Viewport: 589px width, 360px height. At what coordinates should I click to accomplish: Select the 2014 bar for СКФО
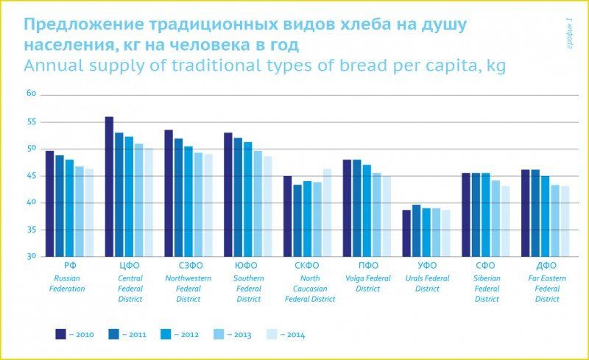[x=327, y=213]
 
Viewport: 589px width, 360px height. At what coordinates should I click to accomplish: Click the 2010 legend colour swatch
[x=61, y=334]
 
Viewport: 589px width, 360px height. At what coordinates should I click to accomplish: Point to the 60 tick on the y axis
[x=32, y=94]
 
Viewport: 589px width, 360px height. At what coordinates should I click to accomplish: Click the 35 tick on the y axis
[x=32, y=230]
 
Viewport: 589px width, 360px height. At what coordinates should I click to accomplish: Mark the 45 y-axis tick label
[x=32, y=176]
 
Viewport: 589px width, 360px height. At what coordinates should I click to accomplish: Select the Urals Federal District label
[x=427, y=283]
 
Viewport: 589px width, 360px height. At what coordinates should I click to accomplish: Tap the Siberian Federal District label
[x=487, y=289]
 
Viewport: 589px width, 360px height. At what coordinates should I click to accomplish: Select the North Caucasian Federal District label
[x=310, y=289]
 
